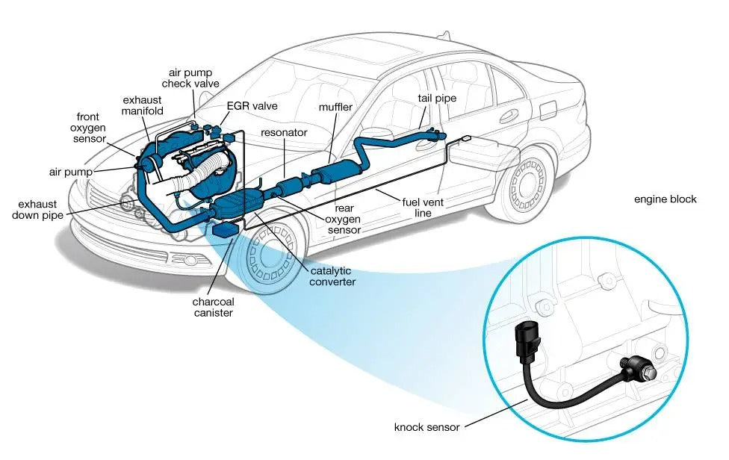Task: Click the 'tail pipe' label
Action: point(437,98)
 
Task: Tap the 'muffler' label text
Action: point(335,108)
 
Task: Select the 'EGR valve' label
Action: point(247,106)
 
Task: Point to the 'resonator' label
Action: point(284,132)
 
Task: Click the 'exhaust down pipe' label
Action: point(37,209)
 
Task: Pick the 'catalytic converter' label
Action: point(333,276)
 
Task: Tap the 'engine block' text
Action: point(665,199)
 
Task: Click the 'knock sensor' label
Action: point(426,427)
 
